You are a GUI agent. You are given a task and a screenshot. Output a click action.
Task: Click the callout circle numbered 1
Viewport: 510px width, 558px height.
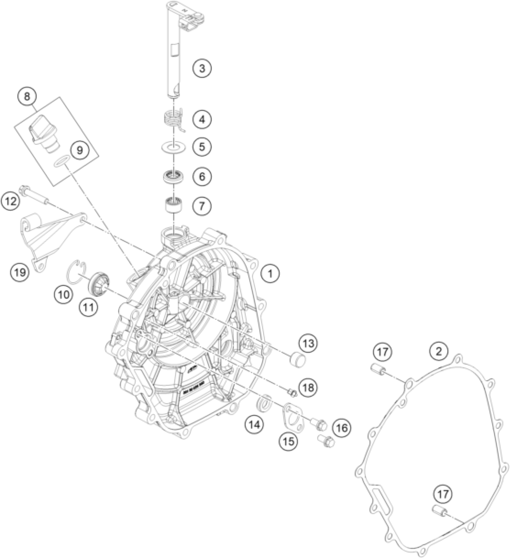click(270, 273)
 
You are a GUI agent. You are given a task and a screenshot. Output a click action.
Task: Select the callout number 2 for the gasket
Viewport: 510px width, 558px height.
click(439, 351)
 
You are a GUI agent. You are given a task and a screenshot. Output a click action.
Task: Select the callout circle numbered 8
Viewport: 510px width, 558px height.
click(27, 97)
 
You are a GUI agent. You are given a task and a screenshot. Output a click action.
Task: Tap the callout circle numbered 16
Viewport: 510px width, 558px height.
click(342, 428)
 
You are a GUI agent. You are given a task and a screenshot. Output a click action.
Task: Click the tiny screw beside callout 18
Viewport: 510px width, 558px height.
click(291, 391)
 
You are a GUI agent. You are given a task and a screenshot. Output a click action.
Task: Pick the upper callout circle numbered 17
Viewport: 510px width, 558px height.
click(382, 352)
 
